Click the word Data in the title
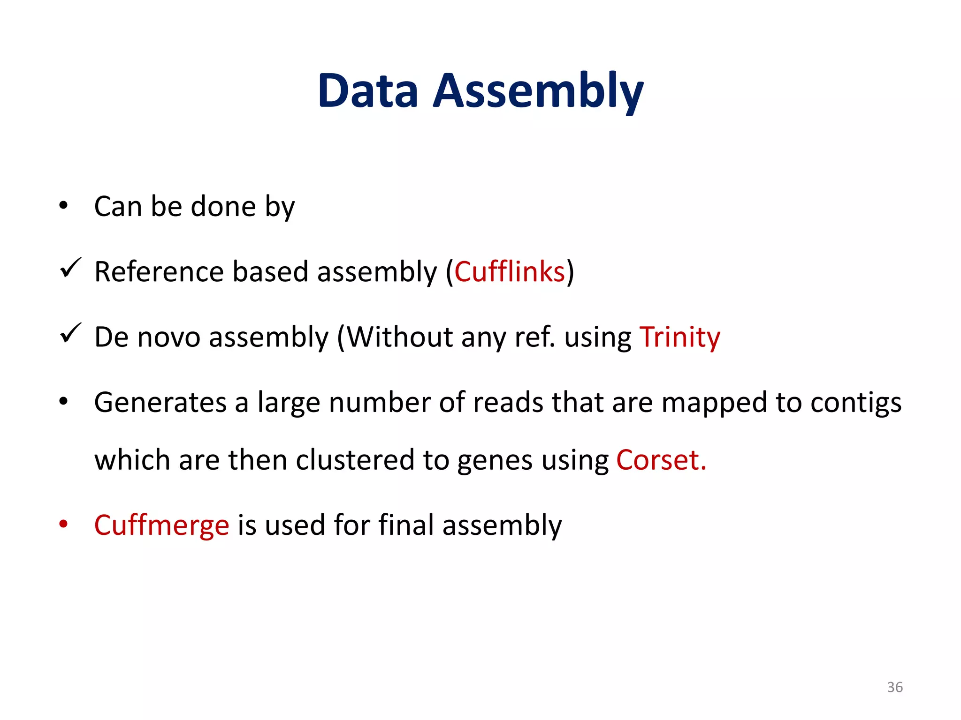coord(367,91)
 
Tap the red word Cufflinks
coord(510,271)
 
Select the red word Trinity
coord(680,337)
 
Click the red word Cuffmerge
coord(161,525)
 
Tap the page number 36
coord(894,687)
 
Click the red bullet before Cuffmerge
coord(64,524)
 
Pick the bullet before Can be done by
coord(64,206)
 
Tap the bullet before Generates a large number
coord(64,402)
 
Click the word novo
coord(169,337)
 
